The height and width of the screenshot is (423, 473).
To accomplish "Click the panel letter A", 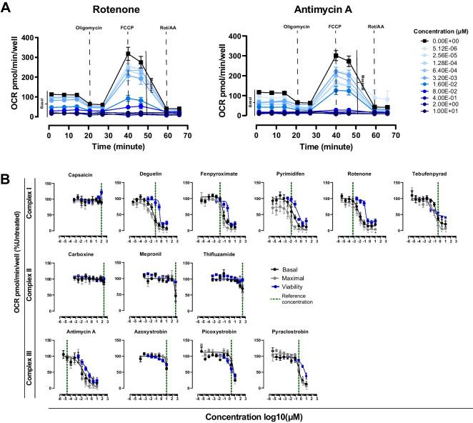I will tap(7, 7).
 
